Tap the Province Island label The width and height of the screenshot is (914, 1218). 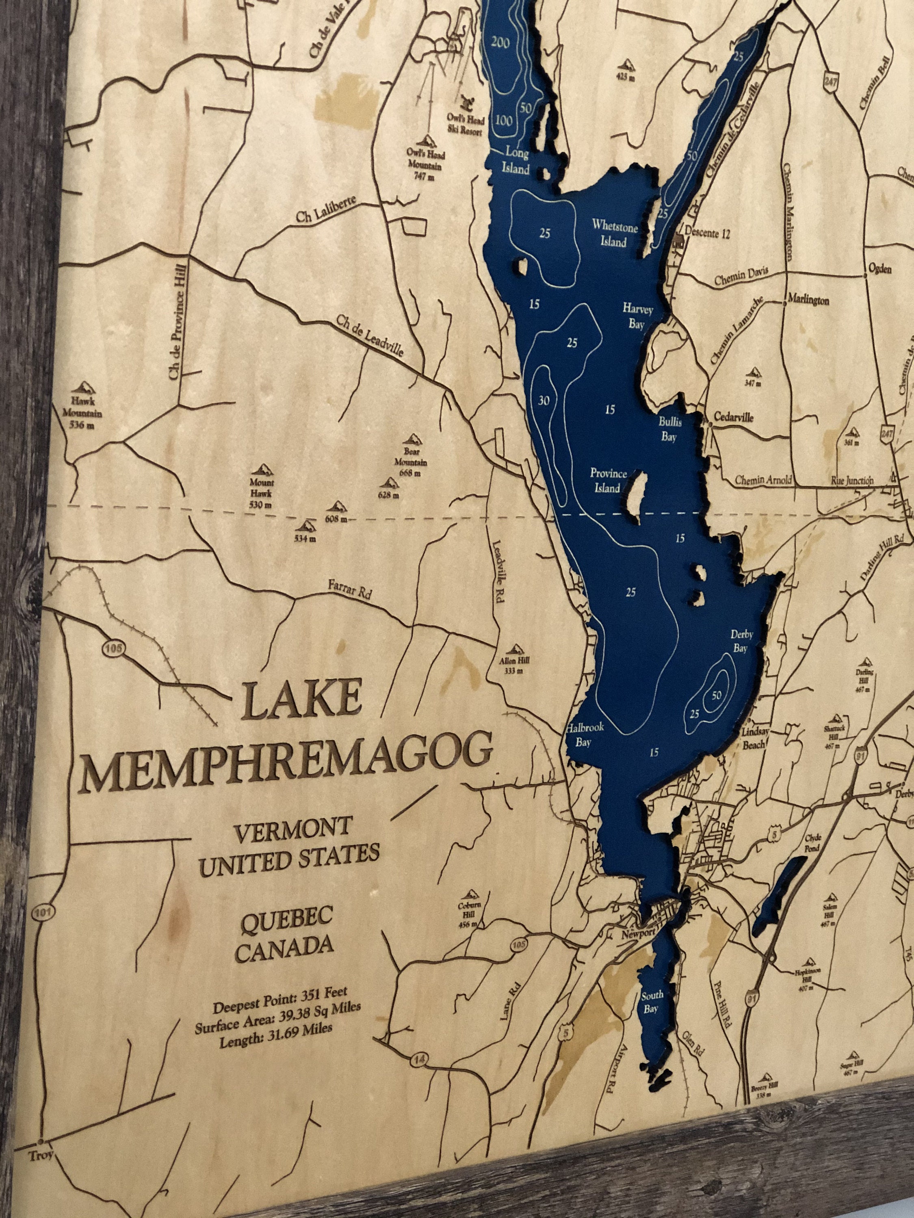click(x=608, y=480)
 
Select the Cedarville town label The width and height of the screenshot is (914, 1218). click(x=733, y=417)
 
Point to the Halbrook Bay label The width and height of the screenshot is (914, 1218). click(x=584, y=734)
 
